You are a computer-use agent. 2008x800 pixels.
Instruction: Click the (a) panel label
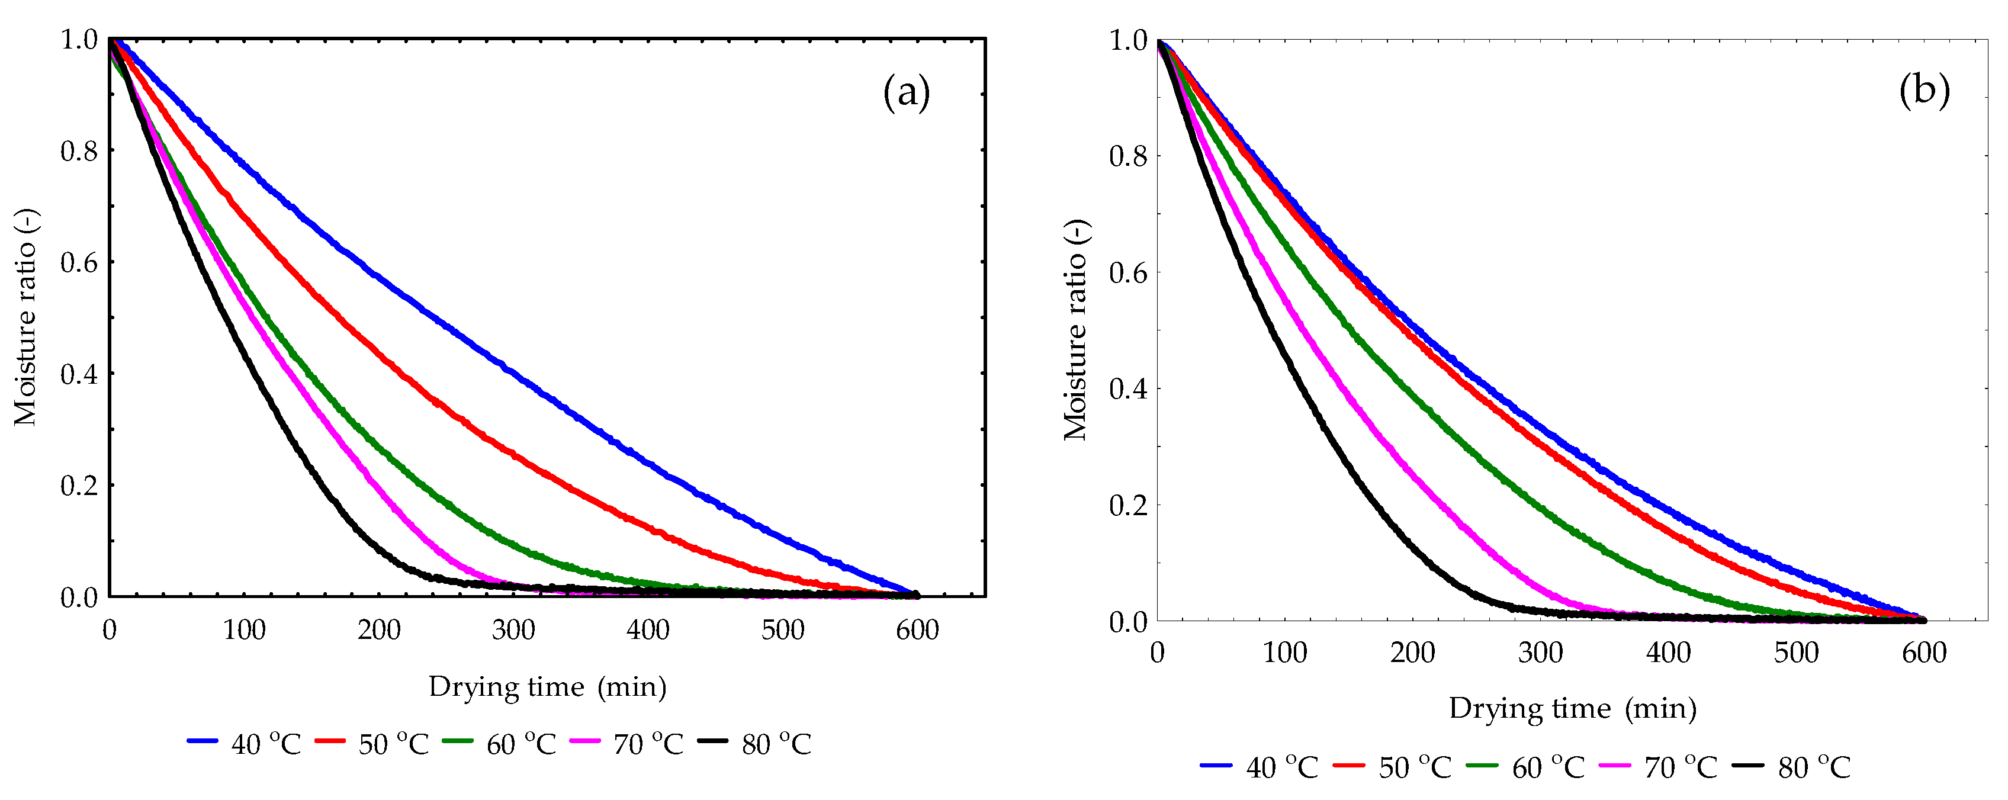click(x=906, y=94)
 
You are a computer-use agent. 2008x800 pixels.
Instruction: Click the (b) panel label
click(x=1924, y=91)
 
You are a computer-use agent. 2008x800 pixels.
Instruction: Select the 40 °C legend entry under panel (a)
click(x=245, y=744)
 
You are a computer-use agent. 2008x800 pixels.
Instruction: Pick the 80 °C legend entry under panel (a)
click(x=754, y=744)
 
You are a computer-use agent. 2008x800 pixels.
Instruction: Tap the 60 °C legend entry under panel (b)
click(x=1526, y=767)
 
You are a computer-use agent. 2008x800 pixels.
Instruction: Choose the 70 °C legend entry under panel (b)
click(x=1659, y=767)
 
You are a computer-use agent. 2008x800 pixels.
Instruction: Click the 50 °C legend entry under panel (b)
click(x=1393, y=767)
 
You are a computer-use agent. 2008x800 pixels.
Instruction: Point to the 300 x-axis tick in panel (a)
click(x=513, y=629)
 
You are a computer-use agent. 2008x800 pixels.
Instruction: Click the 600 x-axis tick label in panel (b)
click(x=1924, y=653)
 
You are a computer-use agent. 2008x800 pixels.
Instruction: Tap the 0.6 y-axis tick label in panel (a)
click(x=79, y=262)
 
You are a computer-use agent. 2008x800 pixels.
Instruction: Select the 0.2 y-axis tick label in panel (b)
click(x=1128, y=505)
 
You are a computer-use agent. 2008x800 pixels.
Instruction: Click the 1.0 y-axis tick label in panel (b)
click(x=1128, y=40)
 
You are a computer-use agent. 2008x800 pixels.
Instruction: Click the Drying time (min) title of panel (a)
click(x=547, y=687)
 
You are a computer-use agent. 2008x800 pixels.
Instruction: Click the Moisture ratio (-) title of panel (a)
click(x=25, y=317)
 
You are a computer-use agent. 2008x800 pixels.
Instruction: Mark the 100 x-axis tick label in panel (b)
click(x=1284, y=653)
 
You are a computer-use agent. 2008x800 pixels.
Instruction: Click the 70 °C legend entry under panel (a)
click(x=627, y=744)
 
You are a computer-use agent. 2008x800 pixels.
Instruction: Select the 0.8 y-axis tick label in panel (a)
click(x=79, y=150)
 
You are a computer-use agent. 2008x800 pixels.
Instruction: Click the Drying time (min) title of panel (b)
click(x=1572, y=709)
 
